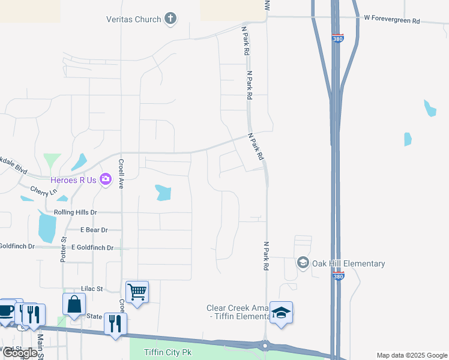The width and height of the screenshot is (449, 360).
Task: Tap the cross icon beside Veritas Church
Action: [x=170, y=19]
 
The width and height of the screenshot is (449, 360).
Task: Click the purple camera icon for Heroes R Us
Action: [x=106, y=179]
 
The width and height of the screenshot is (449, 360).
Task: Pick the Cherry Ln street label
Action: [x=43, y=191]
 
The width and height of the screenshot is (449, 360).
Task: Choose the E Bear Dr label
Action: [x=94, y=230]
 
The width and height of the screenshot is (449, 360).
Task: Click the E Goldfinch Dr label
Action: [x=92, y=247]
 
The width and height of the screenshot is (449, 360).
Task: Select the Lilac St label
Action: [x=92, y=289]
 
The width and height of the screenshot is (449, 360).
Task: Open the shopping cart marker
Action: [x=137, y=292]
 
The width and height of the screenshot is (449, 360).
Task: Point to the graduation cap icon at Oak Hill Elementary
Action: [x=303, y=263]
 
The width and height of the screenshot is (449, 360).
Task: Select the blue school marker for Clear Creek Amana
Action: [x=281, y=313]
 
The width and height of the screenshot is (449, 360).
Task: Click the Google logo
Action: [x=20, y=353]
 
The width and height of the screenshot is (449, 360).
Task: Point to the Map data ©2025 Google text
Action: [x=411, y=355]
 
